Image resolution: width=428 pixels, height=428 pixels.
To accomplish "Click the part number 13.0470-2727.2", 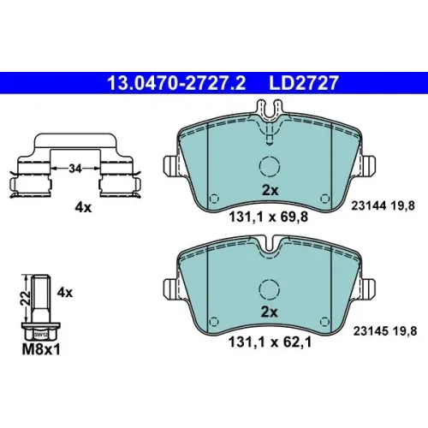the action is [176, 83].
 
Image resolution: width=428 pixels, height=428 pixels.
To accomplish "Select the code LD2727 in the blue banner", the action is [304, 83].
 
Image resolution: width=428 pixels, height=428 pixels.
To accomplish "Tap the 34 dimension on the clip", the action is [75, 169].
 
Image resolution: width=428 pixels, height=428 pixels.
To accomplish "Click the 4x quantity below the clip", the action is [83, 208].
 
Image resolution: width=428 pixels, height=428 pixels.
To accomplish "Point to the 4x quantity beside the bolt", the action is [65, 293].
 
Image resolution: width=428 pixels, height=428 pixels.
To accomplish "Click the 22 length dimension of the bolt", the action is [27, 298].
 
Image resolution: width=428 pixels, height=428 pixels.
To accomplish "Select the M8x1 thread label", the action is [41, 349].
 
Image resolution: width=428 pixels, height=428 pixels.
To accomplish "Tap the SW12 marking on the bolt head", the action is [41, 335].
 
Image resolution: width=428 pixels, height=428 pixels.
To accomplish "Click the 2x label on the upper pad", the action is [270, 190].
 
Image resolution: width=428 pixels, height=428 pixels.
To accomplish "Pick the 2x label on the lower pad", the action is [270, 312].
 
